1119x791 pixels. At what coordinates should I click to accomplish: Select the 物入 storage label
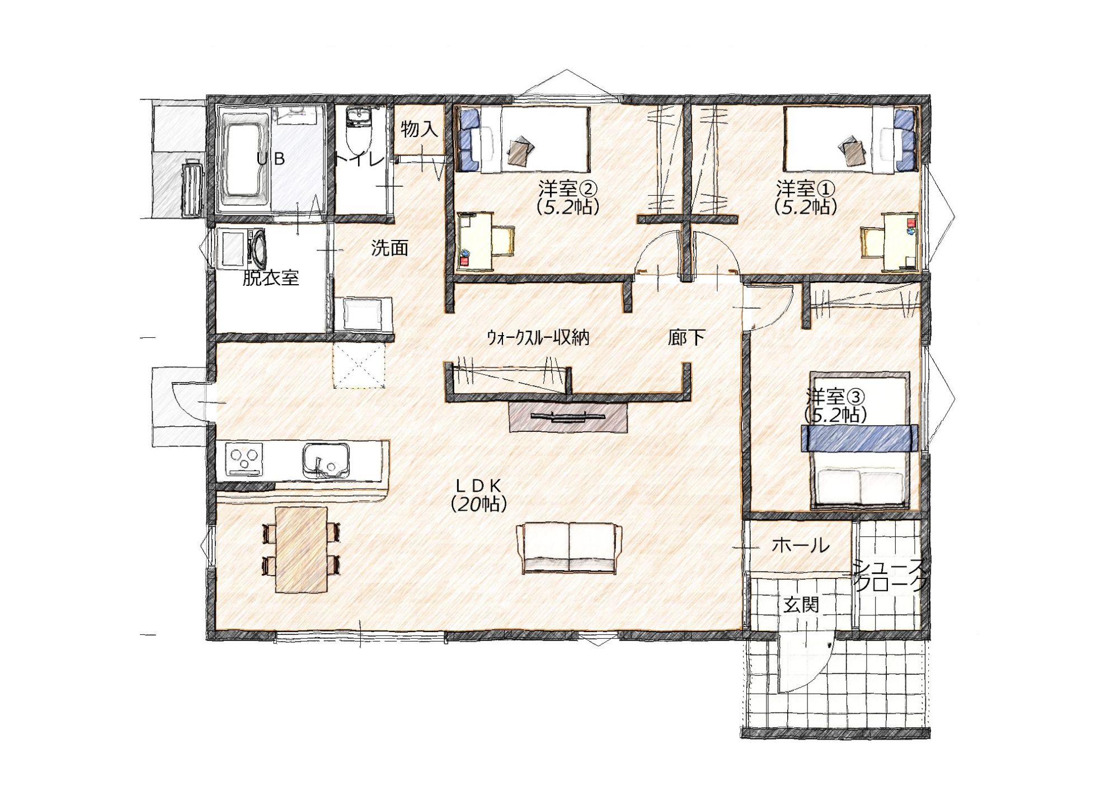pyautogui.click(x=420, y=129)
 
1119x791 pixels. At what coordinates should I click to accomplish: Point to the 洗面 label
pyautogui.click(x=390, y=247)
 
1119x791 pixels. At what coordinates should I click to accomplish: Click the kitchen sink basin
pyautogui.click(x=327, y=461)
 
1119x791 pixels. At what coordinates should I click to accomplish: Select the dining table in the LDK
pyautogui.click(x=301, y=549)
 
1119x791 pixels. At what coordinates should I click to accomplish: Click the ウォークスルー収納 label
pyautogui.click(x=537, y=337)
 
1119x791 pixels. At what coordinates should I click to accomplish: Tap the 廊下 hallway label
pyautogui.click(x=686, y=337)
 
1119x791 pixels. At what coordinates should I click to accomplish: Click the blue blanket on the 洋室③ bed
pyautogui.click(x=860, y=438)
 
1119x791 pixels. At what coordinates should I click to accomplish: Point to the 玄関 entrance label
pyautogui.click(x=801, y=604)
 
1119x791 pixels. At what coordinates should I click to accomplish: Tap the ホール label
pyautogui.click(x=801, y=545)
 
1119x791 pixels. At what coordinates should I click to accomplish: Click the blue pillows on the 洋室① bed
pyautogui.click(x=905, y=139)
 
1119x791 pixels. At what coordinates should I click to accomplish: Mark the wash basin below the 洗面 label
pyautogui.click(x=362, y=314)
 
